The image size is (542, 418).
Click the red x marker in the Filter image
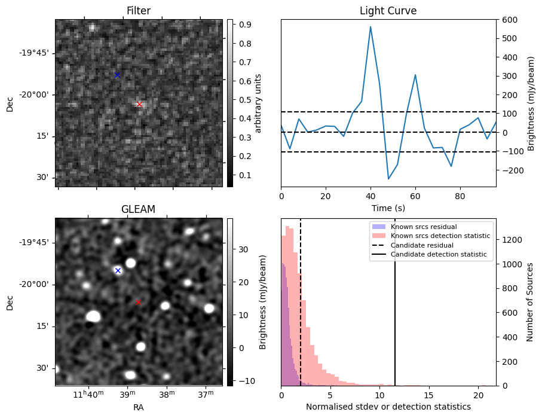point(139,104)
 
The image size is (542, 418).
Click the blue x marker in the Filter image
point(117,75)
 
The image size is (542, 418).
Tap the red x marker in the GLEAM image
point(138,302)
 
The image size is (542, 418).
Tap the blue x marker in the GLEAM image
point(118,270)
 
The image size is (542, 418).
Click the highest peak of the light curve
point(370,26)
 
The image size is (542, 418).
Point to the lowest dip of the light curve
point(388,179)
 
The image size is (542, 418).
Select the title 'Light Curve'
point(388,11)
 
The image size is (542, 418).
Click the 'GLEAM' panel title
point(138,209)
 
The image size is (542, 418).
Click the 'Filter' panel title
point(138,11)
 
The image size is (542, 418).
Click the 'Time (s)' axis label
point(388,208)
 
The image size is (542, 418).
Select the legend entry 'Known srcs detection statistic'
point(440,236)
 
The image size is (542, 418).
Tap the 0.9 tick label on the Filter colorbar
point(244,25)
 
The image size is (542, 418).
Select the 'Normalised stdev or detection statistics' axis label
point(388,407)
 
